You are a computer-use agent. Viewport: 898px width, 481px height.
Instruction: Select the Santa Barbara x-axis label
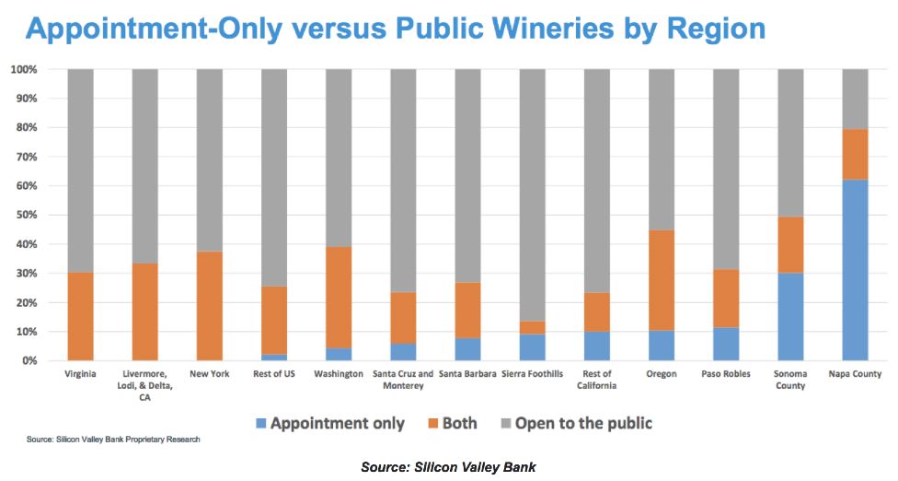467,374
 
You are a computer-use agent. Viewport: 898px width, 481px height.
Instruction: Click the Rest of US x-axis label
274,374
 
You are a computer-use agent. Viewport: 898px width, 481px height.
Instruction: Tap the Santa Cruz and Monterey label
403,380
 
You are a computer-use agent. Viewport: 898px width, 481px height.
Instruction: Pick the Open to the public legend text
583,424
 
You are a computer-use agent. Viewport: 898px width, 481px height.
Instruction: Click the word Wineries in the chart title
544,29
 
